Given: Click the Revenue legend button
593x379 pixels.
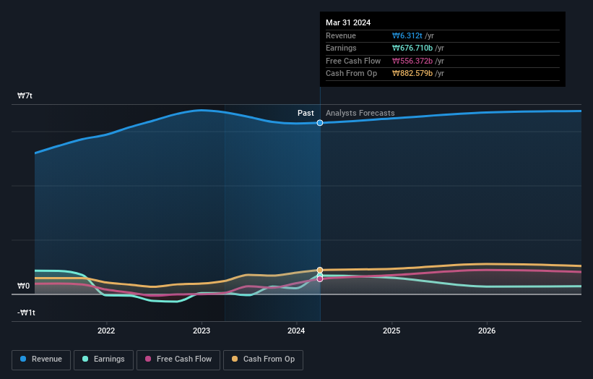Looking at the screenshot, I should tap(41, 359).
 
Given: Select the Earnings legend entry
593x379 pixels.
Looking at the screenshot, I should tap(103, 359).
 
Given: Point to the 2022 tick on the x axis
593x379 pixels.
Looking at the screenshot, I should tap(106, 331).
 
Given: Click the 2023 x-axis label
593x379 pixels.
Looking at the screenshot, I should tap(202, 331).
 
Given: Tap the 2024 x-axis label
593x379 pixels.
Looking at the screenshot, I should tap(296, 331).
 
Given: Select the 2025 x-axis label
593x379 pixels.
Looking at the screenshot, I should tap(391, 331).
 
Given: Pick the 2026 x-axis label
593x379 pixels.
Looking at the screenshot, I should tap(487, 331).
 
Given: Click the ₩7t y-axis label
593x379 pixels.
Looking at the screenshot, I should tap(25, 95).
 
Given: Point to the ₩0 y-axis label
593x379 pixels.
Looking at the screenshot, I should tap(24, 286).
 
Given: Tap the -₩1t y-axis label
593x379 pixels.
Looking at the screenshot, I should tap(27, 312).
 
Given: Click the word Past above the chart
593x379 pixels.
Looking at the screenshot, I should tap(306, 113).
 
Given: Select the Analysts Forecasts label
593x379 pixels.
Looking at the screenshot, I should tap(360, 113).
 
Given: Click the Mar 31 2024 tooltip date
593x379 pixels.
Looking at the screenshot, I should tap(348, 22).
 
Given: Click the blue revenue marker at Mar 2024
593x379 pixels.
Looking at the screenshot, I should tap(320, 123).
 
